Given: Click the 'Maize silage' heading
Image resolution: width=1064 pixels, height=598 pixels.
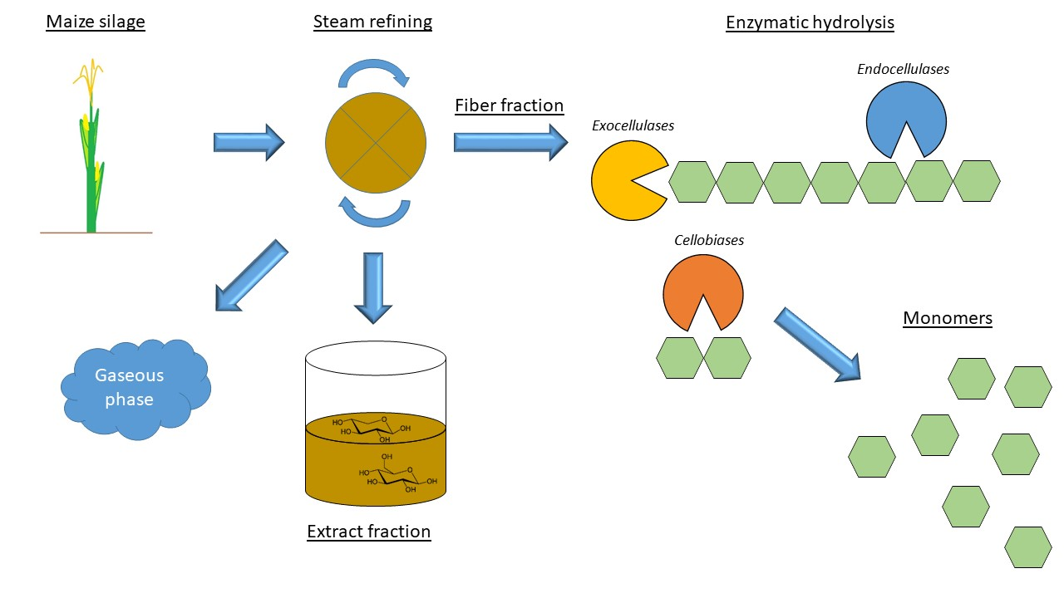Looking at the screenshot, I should pyautogui.click(x=96, y=22).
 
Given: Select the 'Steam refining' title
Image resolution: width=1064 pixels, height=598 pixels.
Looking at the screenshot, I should pyautogui.click(x=372, y=22).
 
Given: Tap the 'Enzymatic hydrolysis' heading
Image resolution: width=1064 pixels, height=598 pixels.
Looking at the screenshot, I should pyautogui.click(x=810, y=22).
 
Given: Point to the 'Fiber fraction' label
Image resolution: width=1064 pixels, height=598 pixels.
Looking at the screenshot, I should pyautogui.click(x=509, y=105).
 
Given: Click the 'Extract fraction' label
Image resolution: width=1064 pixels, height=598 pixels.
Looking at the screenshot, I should pyautogui.click(x=368, y=532).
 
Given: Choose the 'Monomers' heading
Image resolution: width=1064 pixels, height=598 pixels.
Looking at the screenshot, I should pyautogui.click(x=948, y=318).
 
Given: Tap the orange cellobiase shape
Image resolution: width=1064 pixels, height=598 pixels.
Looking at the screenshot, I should pyautogui.click(x=702, y=292).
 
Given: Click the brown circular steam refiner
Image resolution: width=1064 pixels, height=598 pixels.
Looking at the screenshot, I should pyautogui.click(x=376, y=142).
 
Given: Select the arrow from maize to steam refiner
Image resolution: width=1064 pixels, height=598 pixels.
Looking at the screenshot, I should pyautogui.click(x=249, y=143).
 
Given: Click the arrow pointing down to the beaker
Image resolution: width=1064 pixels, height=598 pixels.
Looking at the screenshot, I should pyautogui.click(x=372, y=286).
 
